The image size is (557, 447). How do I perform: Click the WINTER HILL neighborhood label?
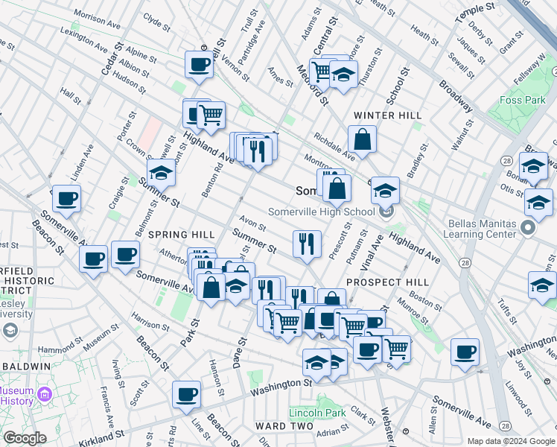tap(387, 115)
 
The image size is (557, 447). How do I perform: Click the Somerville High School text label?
tap(321, 212)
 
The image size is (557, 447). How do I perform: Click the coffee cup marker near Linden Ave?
tap(66, 199)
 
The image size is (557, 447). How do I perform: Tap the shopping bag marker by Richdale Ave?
tap(362, 139)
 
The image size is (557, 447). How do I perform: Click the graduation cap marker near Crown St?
tap(160, 174)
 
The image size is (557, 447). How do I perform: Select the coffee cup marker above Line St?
tap(186, 394)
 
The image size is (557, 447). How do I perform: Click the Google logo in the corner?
tap(24, 438)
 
